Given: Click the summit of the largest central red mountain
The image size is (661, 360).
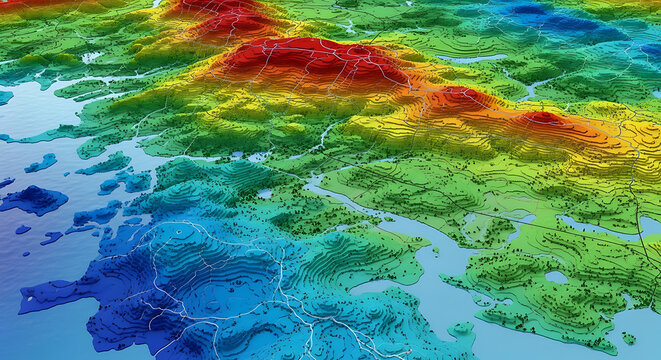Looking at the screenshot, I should (318, 57).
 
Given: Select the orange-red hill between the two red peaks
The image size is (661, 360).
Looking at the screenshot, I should (458, 98).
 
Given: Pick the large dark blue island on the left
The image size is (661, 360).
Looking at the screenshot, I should (34, 200).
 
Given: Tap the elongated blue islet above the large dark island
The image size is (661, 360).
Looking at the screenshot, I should (41, 162).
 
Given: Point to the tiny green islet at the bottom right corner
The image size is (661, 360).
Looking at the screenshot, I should (628, 338).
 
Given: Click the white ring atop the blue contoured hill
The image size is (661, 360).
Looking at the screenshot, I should (181, 229).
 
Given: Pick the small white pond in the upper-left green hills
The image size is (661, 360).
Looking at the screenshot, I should (91, 57).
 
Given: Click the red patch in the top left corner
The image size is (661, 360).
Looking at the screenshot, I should (25, 4).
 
